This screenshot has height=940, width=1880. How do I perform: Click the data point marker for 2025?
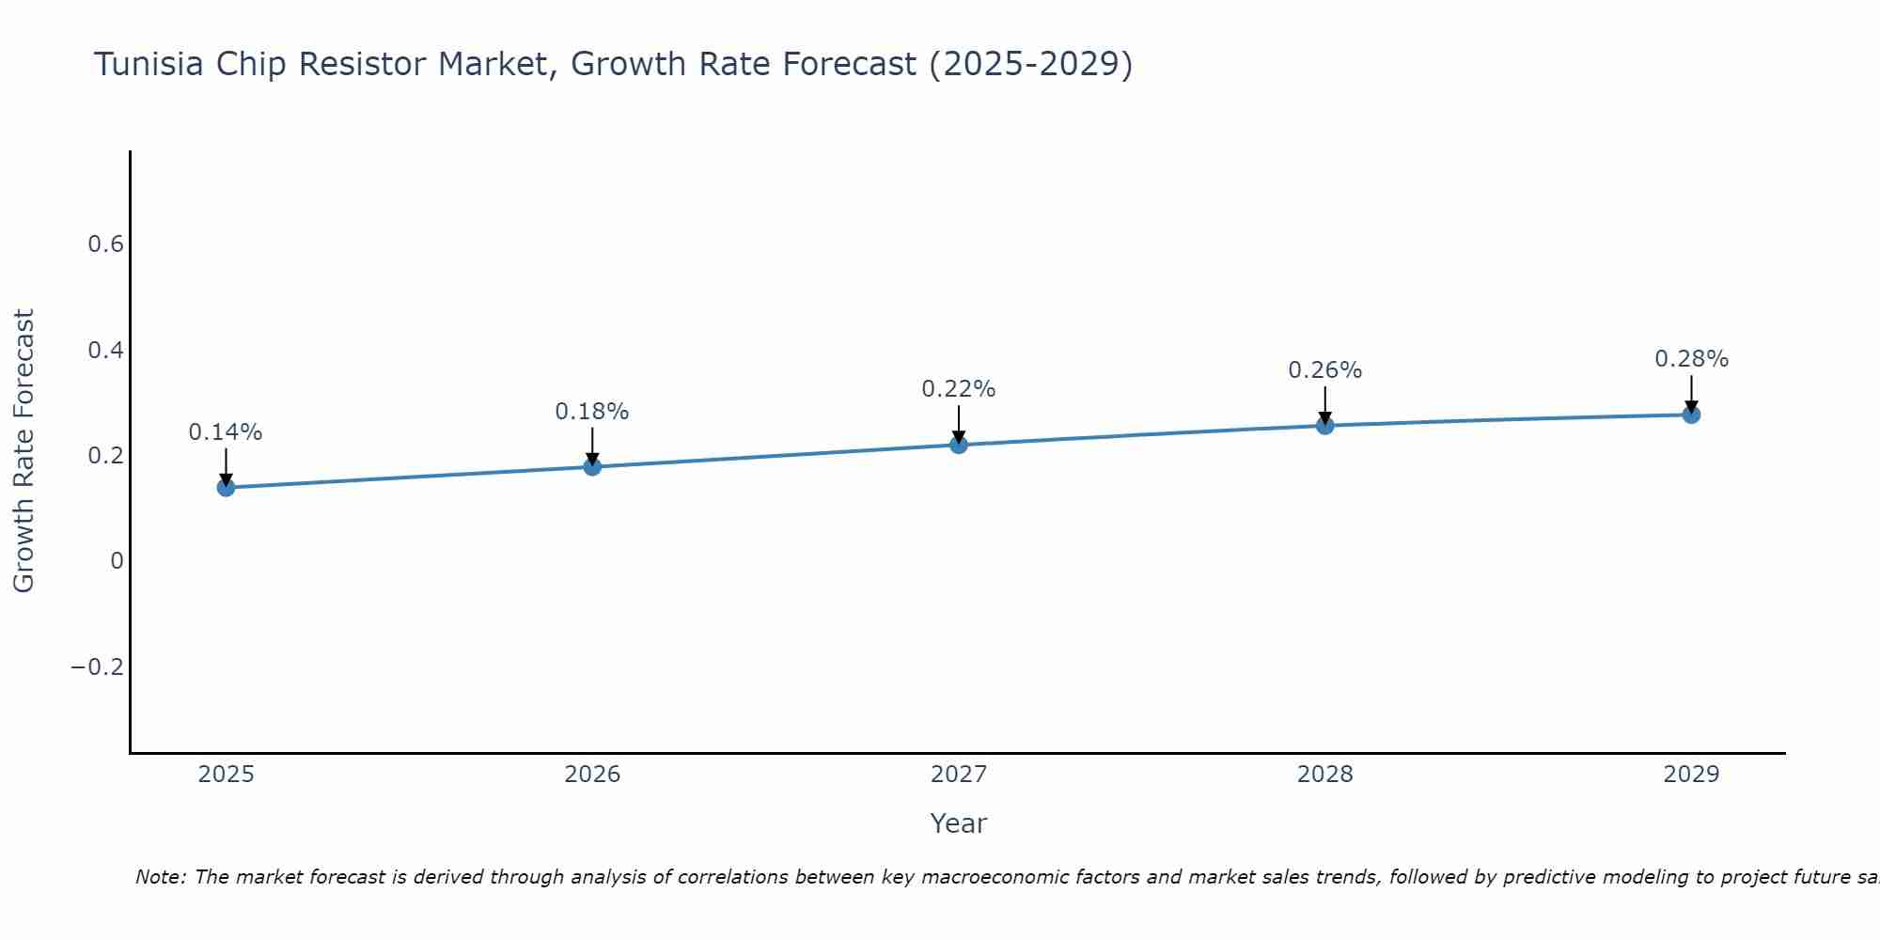coord(226,487)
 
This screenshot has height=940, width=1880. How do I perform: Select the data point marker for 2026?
coord(592,466)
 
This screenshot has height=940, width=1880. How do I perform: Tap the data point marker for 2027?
coord(959,445)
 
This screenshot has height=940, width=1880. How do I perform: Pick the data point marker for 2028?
coord(1324,426)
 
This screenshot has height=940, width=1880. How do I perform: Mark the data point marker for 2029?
coord(1691,415)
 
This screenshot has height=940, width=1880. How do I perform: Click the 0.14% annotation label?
coord(226,432)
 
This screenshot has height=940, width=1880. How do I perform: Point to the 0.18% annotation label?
coord(592,412)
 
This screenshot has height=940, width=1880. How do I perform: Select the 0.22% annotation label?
coord(959,389)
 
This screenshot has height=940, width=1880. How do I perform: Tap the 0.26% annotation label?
coord(1324,370)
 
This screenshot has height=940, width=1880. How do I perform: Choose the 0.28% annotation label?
coord(1691,359)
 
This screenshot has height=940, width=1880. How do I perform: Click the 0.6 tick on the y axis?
coord(105,244)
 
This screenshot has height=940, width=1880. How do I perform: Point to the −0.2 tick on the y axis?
coord(97,667)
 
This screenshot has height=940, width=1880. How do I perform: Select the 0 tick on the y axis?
coord(117,561)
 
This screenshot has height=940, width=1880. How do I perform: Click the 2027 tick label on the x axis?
coord(959,775)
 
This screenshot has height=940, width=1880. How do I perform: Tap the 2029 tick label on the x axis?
coord(1691,775)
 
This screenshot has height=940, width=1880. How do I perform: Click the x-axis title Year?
coord(958,823)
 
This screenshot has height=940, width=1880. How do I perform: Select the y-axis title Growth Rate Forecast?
coord(24,451)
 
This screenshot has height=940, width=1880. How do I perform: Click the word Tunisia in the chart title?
coord(149,64)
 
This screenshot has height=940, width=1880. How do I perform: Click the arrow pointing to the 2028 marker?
coord(1324,404)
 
